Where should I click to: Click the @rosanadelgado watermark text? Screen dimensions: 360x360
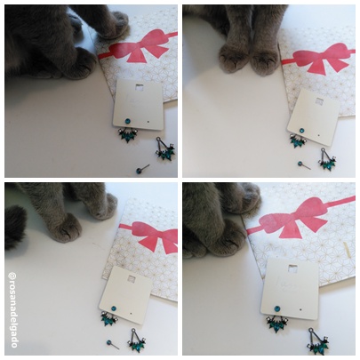13,310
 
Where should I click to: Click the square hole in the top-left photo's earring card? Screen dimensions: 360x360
139,87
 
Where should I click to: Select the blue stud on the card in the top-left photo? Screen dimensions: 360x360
127,121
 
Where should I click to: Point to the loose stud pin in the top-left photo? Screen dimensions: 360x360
142,169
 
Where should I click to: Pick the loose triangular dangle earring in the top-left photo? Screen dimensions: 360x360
164,149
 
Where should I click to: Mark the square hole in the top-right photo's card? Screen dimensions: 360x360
319,101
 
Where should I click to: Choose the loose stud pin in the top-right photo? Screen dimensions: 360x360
305,165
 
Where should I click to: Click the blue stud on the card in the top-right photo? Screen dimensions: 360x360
301,130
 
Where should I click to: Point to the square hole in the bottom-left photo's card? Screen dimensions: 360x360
132,278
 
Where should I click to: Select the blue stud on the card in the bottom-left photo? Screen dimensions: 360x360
114,308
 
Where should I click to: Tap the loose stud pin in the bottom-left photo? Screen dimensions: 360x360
113,344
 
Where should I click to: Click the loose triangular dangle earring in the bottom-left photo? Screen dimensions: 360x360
136,340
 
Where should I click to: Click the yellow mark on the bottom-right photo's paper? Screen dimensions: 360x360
346,248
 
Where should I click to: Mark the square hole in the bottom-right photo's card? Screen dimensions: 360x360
292,268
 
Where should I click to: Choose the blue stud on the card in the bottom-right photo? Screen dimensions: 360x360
277,308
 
